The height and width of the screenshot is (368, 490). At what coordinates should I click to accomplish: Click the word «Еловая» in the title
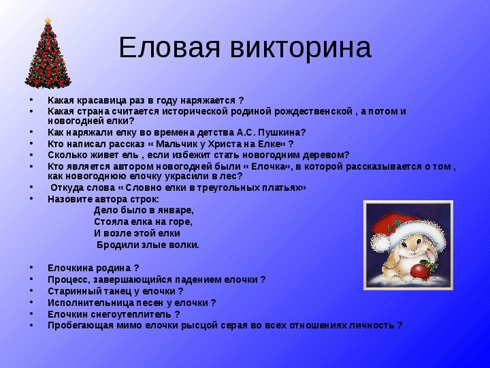(169, 47)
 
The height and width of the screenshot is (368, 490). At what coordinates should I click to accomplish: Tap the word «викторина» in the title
(301, 48)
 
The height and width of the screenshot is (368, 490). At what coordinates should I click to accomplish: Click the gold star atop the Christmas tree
(48, 20)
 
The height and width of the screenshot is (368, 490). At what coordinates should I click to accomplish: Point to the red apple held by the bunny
(419, 271)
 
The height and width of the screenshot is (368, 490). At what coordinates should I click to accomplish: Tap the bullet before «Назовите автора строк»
(31, 198)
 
